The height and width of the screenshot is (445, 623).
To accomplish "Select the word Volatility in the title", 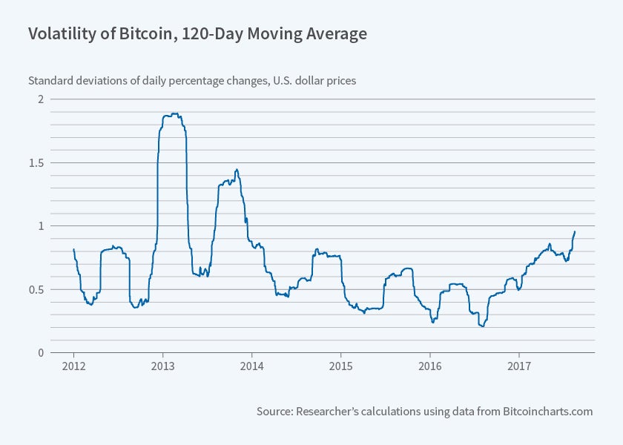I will tap(59, 34).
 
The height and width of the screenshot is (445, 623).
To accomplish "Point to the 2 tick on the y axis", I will tap(42, 99).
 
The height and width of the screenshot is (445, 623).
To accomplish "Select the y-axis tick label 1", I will tap(42, 225).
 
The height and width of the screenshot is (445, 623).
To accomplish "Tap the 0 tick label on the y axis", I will tap(42, 352).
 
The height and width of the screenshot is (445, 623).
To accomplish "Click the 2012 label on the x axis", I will tap(73, 366).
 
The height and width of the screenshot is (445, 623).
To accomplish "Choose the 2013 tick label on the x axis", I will tap(162, 366).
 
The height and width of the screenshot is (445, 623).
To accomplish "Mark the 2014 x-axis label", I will tap(251, 366).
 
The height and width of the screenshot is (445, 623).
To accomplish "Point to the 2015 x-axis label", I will tap(340, 366).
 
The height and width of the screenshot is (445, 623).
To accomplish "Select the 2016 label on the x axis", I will tap(429, 366).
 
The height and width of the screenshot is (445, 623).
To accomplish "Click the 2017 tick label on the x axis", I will tap(518, 366).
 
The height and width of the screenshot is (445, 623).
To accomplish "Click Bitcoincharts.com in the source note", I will tap(548, 411).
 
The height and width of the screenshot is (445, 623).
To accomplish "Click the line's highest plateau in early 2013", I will tap(172, 115).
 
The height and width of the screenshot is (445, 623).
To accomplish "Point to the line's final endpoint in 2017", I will tap(575, 231).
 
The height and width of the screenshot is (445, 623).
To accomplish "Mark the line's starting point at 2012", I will tap(73, 249).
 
